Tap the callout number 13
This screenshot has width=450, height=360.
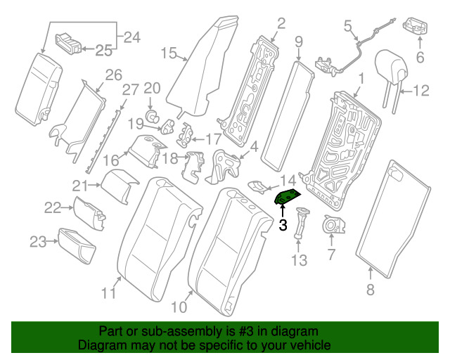pos(300,261)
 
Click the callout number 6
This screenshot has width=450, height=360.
pos(420,58)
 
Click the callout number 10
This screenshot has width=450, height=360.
pos(179,306)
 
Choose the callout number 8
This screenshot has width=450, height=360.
pos(371,289)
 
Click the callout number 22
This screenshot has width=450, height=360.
pos(53,207)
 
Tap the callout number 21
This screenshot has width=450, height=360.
pos(80,186)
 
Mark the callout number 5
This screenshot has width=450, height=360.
pos(347,26)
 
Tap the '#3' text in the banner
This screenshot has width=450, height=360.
pos(240,331)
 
